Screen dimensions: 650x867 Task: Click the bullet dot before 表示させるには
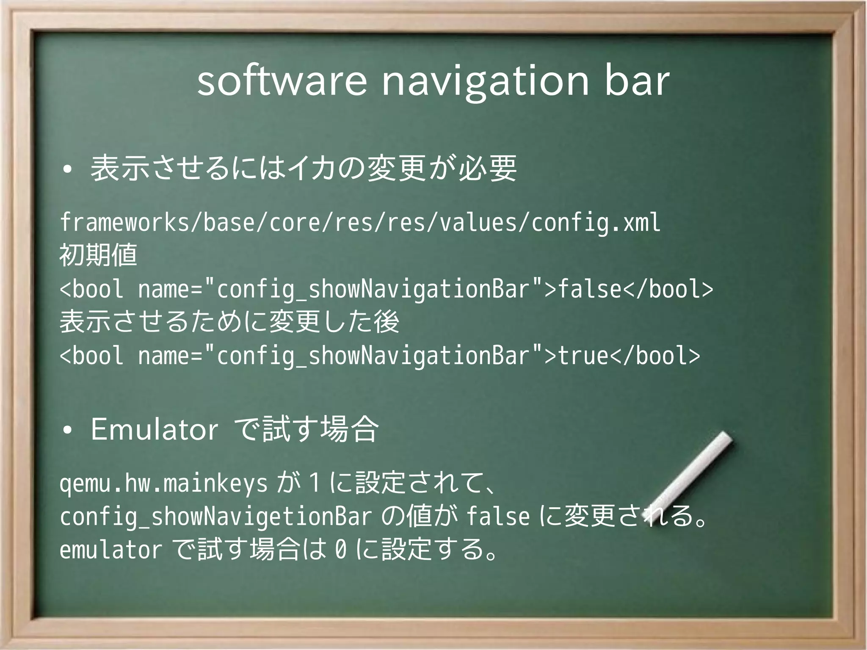tap(66, 170)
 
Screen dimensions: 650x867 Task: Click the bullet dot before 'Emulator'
tap(66, 431)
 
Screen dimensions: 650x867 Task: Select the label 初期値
tap(98, 255)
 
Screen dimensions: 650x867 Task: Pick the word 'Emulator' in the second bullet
tap(155, 429)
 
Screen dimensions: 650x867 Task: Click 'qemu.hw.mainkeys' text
tap(163, 484)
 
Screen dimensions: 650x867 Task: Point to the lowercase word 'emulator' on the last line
tap(110, 550)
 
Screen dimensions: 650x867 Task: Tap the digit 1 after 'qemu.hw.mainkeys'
tap(314, 484)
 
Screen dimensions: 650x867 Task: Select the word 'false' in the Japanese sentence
tap(498, 517)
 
